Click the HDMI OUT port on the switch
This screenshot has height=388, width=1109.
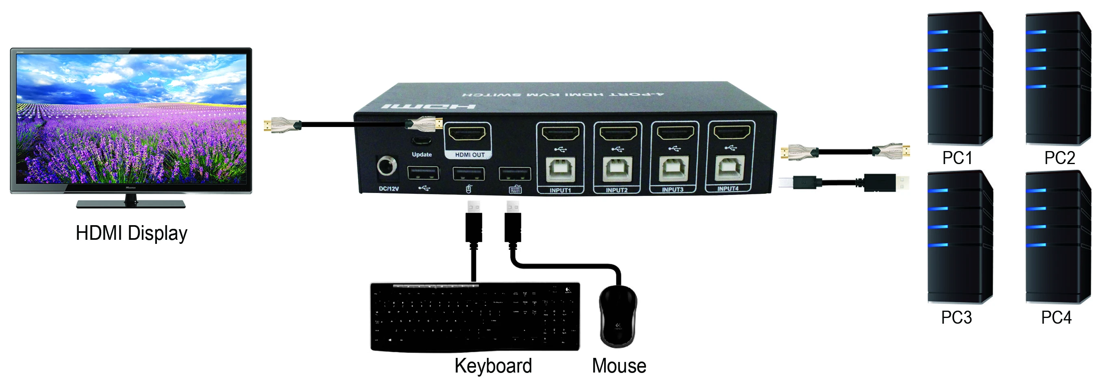[467, 134]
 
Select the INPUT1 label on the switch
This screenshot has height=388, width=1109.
[560, 190]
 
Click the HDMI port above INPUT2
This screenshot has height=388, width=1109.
[618, 134]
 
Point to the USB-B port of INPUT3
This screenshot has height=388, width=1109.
[673, 169]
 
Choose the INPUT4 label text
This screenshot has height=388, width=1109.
[728, 189]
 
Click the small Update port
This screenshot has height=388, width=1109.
[422, 141]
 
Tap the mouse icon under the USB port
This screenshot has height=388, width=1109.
[469, 189]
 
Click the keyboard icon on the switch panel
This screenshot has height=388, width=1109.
[515, 189]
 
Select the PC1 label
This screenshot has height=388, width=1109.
[957, 158]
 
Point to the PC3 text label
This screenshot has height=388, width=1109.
[956, 317]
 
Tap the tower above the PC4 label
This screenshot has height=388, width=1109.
[1058, 237]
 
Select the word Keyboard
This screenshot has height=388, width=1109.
[493, 366]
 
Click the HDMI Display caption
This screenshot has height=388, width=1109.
[131, 233]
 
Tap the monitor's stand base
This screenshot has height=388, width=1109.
[131, 204]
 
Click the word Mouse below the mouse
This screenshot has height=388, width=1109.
[619, 366]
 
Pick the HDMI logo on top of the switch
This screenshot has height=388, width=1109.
[428, 106]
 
